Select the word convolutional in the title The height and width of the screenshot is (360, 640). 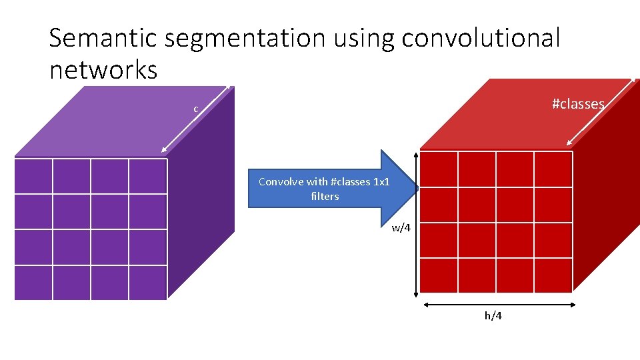click(480, 39)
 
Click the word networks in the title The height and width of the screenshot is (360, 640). click(103, 69)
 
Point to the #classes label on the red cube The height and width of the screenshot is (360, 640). click(577, 104)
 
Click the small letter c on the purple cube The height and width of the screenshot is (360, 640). click(195, 109)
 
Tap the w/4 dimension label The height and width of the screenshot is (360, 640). click(401, 228)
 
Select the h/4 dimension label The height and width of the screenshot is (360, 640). click(493, 315)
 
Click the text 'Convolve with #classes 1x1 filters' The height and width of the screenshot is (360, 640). click(324, 189)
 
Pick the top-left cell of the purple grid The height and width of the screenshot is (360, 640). click(33, 176)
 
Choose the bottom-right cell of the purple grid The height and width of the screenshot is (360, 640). click(147, 283)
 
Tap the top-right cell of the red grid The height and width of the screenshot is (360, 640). click(553, 169)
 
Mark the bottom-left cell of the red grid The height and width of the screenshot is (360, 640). click(439, 275)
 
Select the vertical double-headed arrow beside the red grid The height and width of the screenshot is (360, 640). click(417, 223)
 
